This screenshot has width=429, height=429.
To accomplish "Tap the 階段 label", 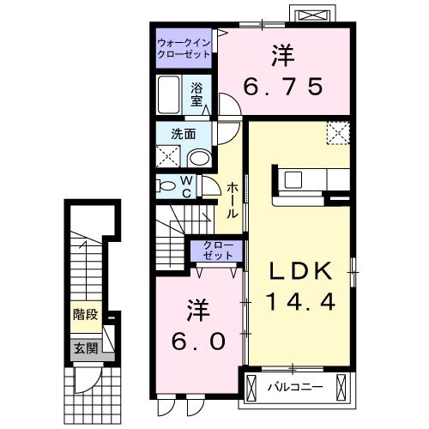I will tap(84, 314).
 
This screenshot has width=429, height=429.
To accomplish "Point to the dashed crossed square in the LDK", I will tap(338, 133).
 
